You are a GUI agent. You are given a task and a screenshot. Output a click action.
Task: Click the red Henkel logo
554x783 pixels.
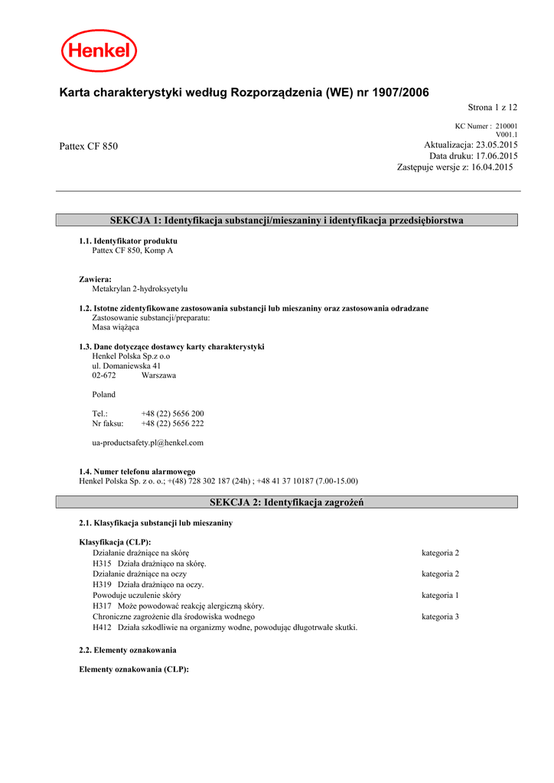point(99,50)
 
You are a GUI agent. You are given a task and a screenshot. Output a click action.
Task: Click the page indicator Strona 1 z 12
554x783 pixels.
point(492,108)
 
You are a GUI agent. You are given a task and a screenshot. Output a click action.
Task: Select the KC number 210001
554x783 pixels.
point(507,126)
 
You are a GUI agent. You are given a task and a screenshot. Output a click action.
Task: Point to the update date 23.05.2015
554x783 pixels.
point(497,145)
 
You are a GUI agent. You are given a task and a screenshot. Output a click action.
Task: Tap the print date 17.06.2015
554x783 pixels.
point(497,156)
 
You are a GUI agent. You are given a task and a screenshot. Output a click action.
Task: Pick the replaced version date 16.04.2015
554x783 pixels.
point(492,167)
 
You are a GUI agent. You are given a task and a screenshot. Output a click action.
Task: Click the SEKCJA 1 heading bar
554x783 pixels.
point(287,220)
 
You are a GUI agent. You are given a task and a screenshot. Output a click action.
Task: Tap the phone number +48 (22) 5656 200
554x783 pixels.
point(172,414)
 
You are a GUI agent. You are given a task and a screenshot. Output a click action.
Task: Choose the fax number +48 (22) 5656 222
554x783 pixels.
point(172,424)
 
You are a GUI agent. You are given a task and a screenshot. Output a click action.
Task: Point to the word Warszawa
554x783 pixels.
point(158,375)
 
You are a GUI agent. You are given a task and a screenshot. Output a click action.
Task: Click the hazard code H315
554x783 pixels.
point(103,564)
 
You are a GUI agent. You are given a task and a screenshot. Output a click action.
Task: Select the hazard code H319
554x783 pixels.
point(103,585)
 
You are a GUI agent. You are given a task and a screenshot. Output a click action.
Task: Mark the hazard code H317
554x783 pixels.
point(103,606)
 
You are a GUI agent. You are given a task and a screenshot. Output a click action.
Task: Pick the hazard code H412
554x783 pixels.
point(103,627)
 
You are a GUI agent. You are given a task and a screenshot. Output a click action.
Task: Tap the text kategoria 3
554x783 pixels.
point(440,616)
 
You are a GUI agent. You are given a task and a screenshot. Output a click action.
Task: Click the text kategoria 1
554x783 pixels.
point(440,595)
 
